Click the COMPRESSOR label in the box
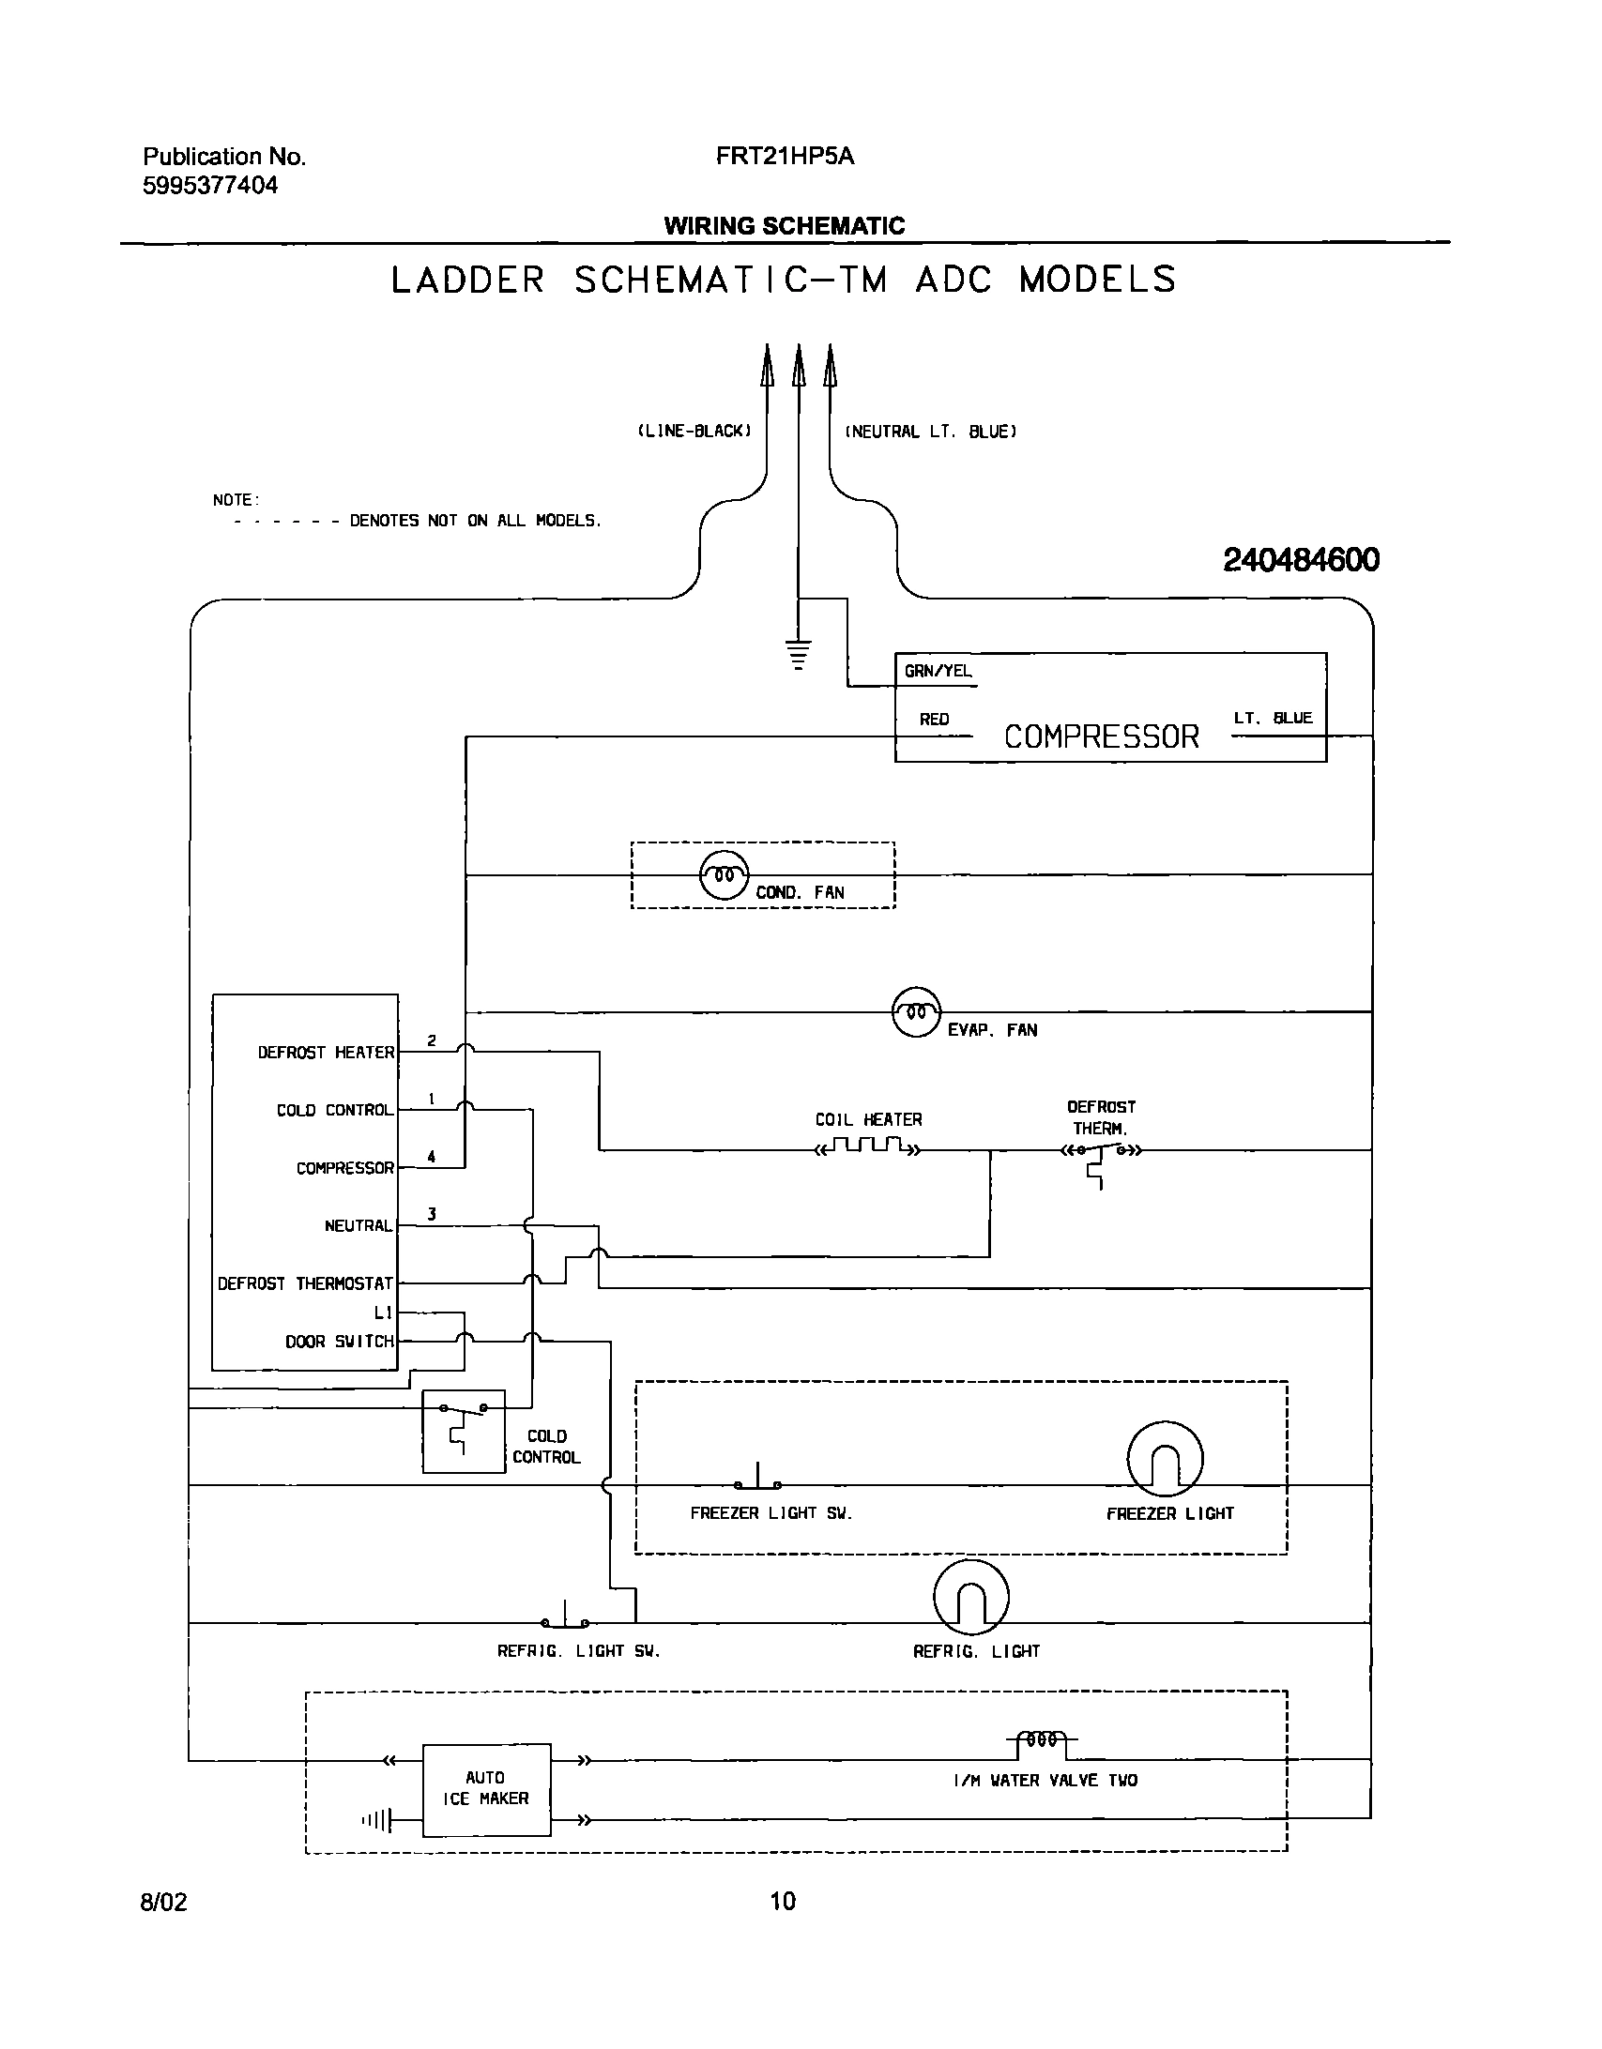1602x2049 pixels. point(1101,736)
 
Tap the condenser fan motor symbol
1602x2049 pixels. point(725,875)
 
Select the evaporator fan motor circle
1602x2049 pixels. point(915,1011)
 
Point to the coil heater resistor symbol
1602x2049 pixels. point(869,1147)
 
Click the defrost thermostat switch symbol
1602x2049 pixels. point(1099,1153)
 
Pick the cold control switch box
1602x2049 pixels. point(464,1431)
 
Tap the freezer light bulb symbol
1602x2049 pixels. point(1164,1459)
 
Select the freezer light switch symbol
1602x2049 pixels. point(757,1480)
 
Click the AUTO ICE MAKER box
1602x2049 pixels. point(486,1789)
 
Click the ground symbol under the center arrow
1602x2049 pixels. point(798,654)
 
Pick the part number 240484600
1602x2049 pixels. point(1301,560)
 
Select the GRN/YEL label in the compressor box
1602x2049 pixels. point(938,672)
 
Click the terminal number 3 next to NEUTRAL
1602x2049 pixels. point(432,1215)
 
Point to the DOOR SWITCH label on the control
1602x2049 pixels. point(340,1342)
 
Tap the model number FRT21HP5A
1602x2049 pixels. point(785,157)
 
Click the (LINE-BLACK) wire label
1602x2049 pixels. point(694,432)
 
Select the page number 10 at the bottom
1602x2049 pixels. point(782,1902)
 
